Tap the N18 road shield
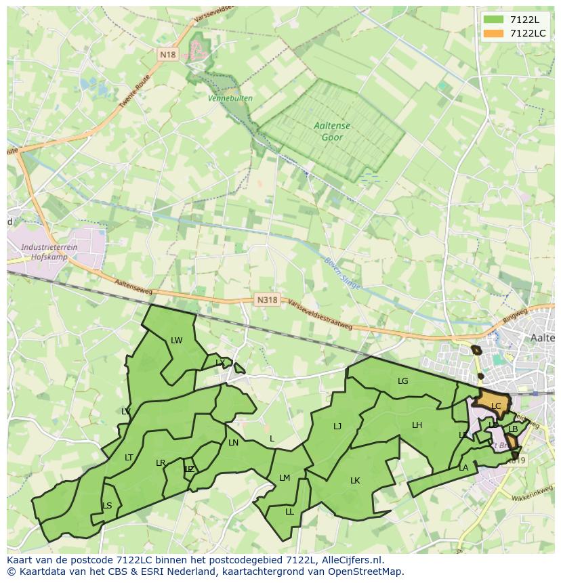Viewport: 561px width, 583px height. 168,54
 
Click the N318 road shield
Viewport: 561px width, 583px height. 267,299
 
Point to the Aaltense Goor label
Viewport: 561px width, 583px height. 329,131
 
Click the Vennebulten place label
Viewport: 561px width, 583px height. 230,98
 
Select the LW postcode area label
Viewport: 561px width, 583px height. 177,341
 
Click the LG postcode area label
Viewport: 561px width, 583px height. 403,381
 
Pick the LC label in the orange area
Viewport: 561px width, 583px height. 496,406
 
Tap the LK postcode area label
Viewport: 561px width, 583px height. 355,481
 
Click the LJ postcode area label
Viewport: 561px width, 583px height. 337,427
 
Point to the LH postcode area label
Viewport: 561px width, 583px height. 417,425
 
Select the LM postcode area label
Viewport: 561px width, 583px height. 285,478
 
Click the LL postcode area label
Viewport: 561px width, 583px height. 289,512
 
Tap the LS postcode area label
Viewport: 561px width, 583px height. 107,506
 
